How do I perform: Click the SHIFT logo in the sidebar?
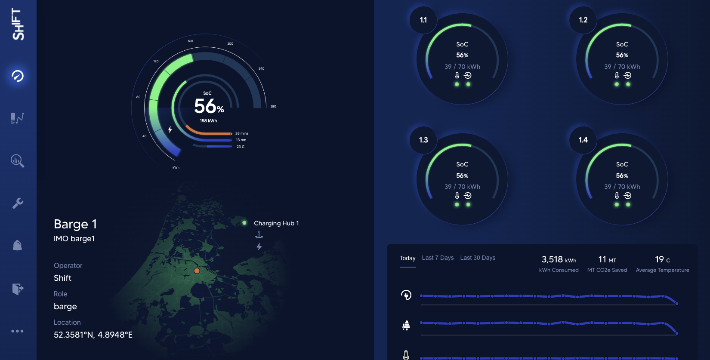point(18,24)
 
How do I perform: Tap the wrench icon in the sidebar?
point(18,203)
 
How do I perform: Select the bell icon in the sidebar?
point(17,246)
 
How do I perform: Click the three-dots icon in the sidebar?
point(17,331)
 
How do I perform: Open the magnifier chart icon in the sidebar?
point(17,161)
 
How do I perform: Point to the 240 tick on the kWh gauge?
point(261,69)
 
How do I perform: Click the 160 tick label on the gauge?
point(190,41)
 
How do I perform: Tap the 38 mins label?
point(241,133)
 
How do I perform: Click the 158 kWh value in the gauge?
point(208,121)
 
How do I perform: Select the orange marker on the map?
point(197,271)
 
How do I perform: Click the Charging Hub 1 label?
point(276,223)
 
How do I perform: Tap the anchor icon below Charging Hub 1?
point(259,234)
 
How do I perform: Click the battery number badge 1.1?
point(423,20)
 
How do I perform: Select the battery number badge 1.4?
point(583,140)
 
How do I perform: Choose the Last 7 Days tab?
point(438,258)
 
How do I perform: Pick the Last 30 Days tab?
point(478,258)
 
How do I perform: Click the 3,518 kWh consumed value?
point(559,260)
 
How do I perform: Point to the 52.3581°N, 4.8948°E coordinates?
point(93,335)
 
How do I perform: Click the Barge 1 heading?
point(75,224)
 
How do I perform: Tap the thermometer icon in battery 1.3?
point(457,196)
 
